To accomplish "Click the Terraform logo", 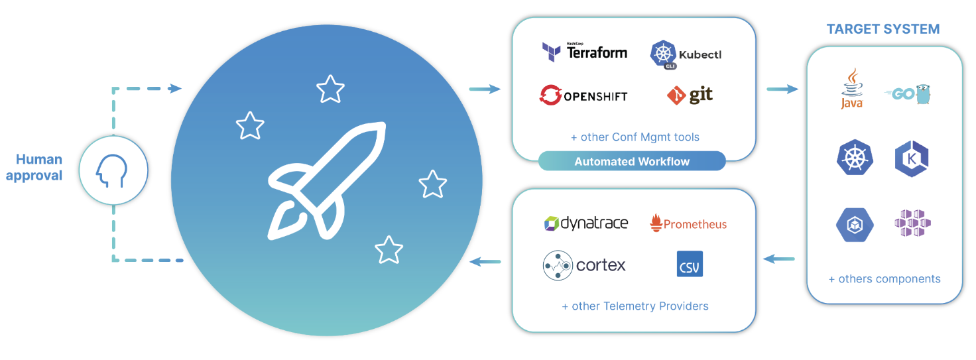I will click(584, 51).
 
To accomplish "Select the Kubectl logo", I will click(685, 54).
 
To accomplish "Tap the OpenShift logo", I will click(583, 95).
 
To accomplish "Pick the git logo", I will click(690, 95).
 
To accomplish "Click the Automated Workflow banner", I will click(632, 161).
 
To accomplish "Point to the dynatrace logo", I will click(585, 223).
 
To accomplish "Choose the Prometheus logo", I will click(688, 223).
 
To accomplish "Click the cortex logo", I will click(584, 265).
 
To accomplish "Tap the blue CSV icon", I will click(690, 264).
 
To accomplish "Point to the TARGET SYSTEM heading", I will click(883, 29).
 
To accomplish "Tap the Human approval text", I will click(39, 167).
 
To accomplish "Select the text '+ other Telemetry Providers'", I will click(635, 306).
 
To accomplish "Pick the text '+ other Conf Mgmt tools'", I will click(635, 137).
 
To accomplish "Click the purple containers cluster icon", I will click(912, 223).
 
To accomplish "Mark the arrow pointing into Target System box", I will click(782, 88).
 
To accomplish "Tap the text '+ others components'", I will click(884, 279).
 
